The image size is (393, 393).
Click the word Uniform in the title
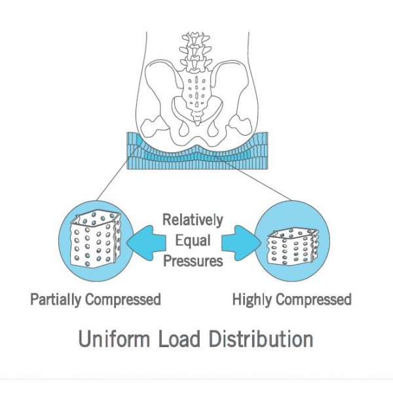114,339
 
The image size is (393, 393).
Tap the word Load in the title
179,339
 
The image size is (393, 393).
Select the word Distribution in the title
261,339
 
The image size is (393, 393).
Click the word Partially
56,300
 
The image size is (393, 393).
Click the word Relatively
193,220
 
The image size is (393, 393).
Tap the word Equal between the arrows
193,241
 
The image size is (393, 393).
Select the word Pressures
193,261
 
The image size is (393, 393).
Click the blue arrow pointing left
146,242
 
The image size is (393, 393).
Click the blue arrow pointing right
241,242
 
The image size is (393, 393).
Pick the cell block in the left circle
96,239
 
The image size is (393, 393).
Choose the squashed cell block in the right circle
292,247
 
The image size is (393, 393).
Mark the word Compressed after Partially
123,300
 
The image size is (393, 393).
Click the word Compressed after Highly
314,300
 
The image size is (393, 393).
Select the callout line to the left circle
117,174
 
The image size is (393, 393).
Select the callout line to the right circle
252,178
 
